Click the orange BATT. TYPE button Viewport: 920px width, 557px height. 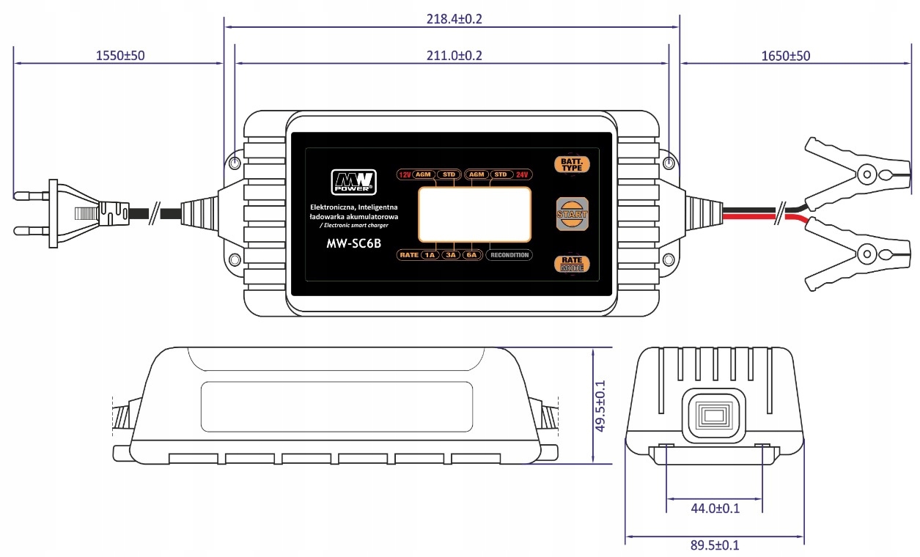pos(571,163)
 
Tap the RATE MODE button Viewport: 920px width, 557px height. pos(571,264)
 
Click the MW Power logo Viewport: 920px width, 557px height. pos(353,181)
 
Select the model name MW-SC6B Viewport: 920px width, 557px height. pos(353,244)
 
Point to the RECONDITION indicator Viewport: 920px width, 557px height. pos(509,255)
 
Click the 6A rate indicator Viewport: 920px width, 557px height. pos(471,255)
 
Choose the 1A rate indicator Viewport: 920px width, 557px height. pos(430,255)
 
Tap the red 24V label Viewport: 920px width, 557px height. pos(522,174)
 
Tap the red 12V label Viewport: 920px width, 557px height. pos(404,174)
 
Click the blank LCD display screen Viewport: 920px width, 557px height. pos(475,213)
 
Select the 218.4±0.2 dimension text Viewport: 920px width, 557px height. pos(454,19)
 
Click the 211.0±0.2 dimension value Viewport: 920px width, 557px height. pos(454,56)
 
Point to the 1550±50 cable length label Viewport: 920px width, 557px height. pos(120,56)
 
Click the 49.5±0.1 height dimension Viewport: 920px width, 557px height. pos(600,405)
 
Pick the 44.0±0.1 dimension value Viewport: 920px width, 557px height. pos(714,508)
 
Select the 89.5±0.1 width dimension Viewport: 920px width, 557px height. pos(714,545)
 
